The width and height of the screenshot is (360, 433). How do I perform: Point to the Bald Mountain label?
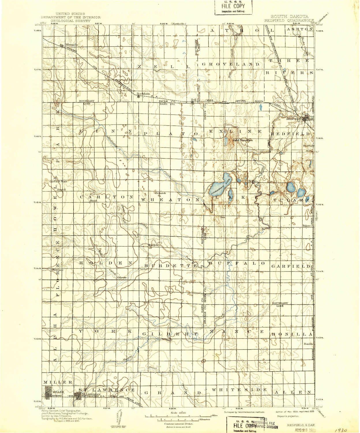[x=243, y=140]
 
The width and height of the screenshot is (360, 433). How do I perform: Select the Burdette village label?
[x=153, y=245]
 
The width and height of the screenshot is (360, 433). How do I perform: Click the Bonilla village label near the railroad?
[x=308, y=344]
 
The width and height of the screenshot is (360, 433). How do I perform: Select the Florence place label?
[x=57, y=270]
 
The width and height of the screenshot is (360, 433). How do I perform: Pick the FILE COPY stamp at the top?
[x=233, y=7]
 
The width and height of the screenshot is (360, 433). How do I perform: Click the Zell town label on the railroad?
[x=194, y=100]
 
